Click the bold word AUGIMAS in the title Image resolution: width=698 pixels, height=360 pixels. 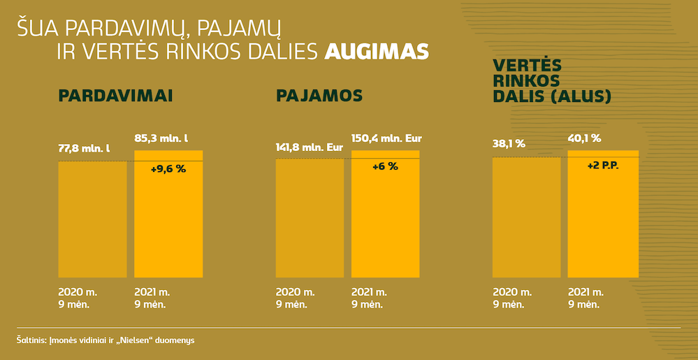(x=377, y=52)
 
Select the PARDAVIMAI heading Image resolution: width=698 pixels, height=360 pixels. (x=115, y=96)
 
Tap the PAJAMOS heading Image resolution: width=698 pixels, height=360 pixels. (x=319, y=96)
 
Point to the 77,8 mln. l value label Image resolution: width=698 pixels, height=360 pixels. (x=83, y=148)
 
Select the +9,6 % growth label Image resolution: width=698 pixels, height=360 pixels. (x=168, y=169)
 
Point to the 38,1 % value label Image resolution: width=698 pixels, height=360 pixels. (x=509, y=145)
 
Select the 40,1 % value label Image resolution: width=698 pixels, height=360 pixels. (x=584, y=138)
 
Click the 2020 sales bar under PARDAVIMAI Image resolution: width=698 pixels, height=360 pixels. (x=92, y=219)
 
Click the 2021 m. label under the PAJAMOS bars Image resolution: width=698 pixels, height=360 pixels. (x=371, y=291)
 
